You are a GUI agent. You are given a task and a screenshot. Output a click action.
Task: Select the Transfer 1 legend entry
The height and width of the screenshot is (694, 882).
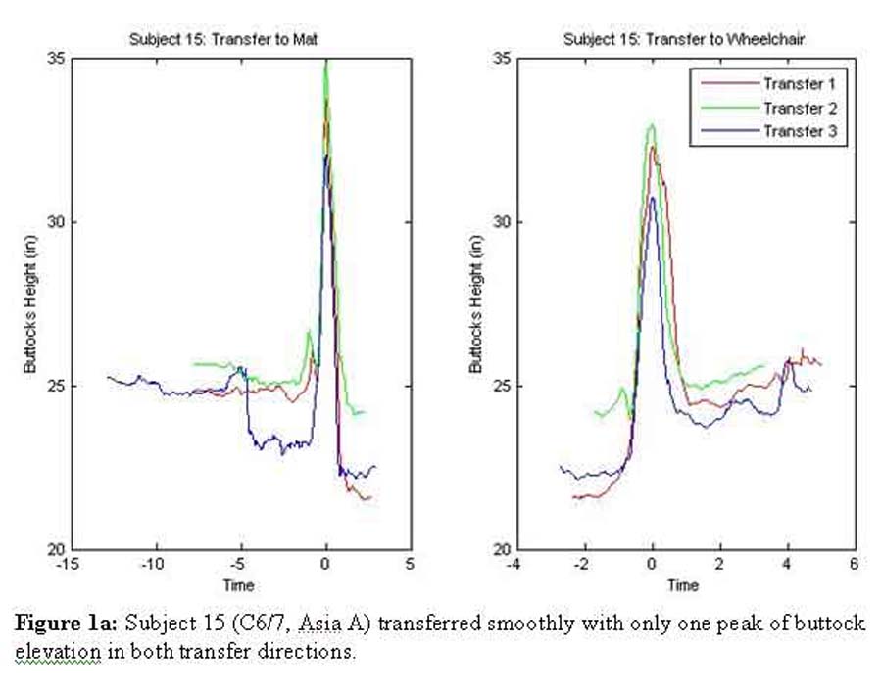(x=799, y=84)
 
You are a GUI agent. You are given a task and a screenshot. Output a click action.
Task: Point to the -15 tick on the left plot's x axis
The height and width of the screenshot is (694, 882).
(x=67, y=565)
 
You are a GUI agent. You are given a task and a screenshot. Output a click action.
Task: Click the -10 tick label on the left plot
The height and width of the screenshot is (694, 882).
(x=152, y=565)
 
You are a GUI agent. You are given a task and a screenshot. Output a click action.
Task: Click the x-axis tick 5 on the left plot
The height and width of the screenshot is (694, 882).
(x=410, y=565)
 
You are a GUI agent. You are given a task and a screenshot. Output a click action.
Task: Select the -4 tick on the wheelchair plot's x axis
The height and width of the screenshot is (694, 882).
(x=514, y=565)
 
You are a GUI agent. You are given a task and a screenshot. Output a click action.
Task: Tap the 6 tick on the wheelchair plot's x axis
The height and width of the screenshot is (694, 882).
(x=854, y=565)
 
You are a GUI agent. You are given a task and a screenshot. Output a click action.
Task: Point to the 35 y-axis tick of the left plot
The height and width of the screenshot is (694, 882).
(x=56, y=59)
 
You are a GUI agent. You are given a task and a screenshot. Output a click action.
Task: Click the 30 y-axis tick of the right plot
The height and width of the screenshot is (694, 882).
(x=500, y=222)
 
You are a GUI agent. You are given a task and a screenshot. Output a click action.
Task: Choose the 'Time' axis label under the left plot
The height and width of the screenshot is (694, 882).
(x=238, y=585)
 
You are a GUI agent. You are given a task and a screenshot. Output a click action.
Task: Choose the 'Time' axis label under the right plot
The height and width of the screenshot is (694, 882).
(x=683, y=585)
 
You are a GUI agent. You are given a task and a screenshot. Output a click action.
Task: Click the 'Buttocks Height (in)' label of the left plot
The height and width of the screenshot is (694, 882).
(x=29, y=304)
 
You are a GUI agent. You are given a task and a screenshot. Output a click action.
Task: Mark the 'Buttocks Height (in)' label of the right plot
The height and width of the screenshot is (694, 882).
(x=475, y=304)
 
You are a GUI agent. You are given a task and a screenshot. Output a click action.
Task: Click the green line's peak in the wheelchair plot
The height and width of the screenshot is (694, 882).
(x=651, y=125)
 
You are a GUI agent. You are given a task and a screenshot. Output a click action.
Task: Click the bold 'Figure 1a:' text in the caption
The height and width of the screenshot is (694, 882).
(x=68, y=625)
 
